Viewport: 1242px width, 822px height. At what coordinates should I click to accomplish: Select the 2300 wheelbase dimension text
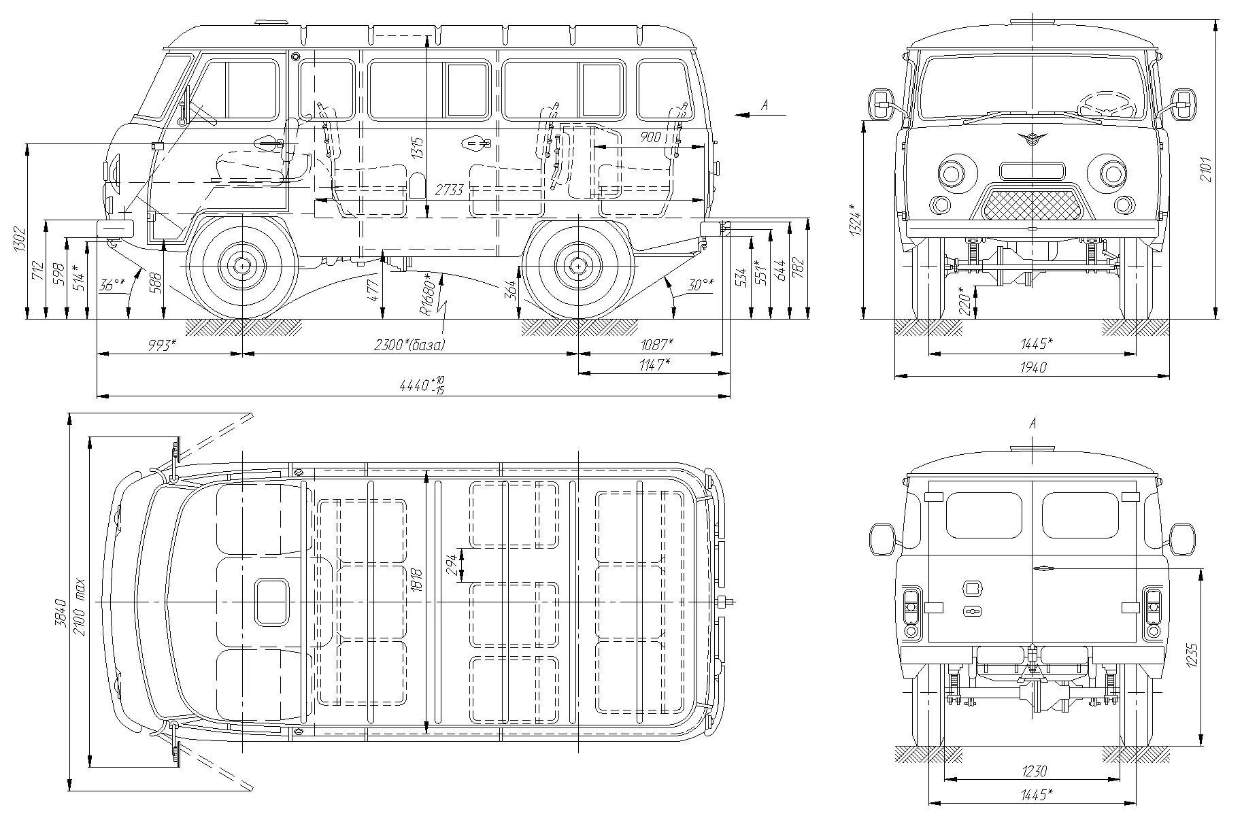pyautogui.click(x=409, y=345)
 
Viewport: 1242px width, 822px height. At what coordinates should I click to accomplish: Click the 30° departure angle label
pyautogui.click(x=701, y=285)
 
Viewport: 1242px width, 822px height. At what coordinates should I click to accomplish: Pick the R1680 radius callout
pyautogui.click(x=426, y=294)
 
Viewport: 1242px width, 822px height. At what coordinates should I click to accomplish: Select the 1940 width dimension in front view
pyautogui.click(x=1033, y=367)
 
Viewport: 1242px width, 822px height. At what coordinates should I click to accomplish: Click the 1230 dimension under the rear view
pyautogui.click(x=1033, y=771)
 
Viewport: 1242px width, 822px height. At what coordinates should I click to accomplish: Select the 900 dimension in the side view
pyautogui.click(x=650, y=137)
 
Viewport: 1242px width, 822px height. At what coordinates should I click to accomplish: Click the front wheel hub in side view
pyautogui.click(x=241, y=266)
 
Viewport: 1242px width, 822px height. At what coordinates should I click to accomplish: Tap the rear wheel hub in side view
pyautogui.click(x=577, y=266)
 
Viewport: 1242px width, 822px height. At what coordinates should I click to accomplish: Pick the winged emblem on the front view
pyautogui.click(x=1032, y=139)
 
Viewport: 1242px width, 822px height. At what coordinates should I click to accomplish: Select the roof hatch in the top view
pyautogui.click(x=271, y=602)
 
